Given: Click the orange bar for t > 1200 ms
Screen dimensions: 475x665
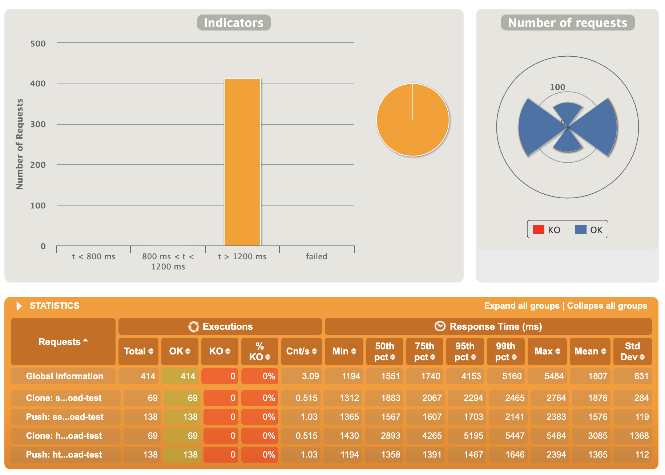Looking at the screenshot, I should [x=242, y=162].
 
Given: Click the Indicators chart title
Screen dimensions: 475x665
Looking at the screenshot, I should [x=234, y=23].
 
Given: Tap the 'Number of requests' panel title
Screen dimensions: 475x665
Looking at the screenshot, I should [x=567, y=23].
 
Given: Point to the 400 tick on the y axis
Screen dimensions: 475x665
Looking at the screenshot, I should [x=38, y=84].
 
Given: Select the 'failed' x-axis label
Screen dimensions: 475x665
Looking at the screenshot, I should [x=317, y=256].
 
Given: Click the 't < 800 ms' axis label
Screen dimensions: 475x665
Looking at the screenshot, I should [x=93, y=256].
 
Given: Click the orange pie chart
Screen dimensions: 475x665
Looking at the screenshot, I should [x=413, y=120].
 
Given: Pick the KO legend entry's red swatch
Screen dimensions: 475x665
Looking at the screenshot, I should [x=538, y=230].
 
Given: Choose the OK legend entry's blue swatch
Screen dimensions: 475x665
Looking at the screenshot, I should [x=580, y=230].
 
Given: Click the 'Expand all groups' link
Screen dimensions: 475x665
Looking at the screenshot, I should [x=521, y=306].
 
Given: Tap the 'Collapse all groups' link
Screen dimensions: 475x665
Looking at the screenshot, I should [x=607, y=306].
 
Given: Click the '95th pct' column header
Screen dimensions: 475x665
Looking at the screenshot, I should [x=465, y=351].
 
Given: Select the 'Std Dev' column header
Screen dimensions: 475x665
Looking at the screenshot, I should [x=632, y=351].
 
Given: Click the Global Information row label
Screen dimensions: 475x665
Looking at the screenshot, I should [x=64, y=376].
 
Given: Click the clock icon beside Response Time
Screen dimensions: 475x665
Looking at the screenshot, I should [x=440, y=326].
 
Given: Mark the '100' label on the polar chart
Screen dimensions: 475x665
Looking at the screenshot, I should [x=557, y=87].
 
